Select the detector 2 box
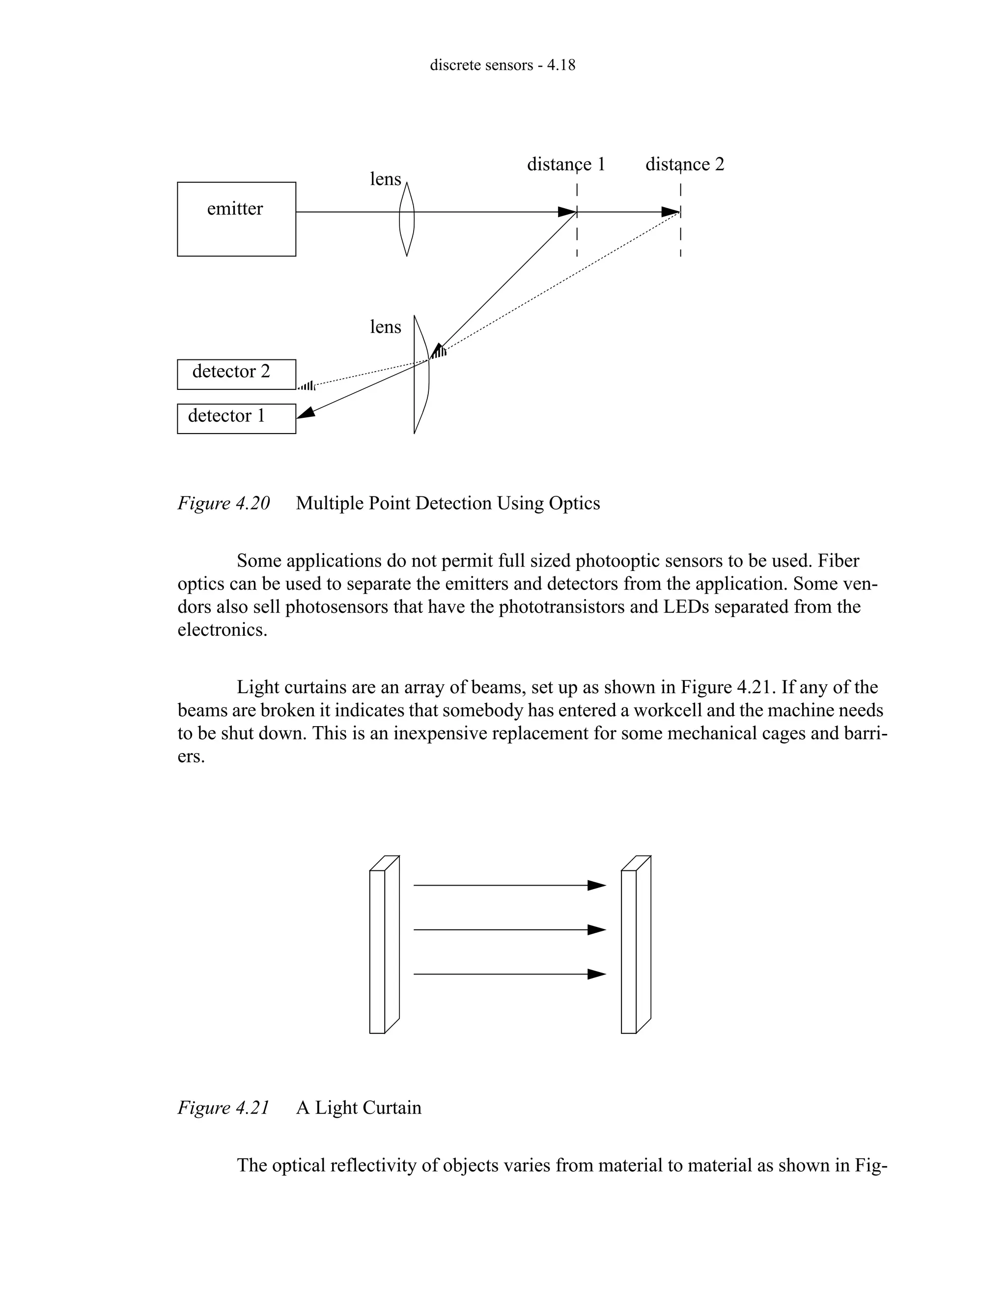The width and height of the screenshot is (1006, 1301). point(236,374)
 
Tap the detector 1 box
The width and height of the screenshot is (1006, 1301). point(236,418)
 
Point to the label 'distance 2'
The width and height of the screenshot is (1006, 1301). point(684,164)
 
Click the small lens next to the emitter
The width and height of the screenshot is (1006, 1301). point(406,219)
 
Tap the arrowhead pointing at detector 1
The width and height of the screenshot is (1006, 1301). point(306,412)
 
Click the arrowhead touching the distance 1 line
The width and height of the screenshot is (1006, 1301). point(567,212)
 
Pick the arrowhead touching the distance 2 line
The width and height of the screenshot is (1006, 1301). point(671,212)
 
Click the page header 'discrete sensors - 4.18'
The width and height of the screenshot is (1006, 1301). point(503,65)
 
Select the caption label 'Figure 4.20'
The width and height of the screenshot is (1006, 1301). point(224,503)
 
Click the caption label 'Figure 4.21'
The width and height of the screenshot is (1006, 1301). point(224,1108)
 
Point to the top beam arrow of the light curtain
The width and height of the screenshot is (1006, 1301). point(509,885)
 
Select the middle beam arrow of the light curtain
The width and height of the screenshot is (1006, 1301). point(509,929)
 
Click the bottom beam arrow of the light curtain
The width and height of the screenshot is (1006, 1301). point(509,974)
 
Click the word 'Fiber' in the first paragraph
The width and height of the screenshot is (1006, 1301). point(838,561)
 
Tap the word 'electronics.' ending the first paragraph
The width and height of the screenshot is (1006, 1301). point(223,630)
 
